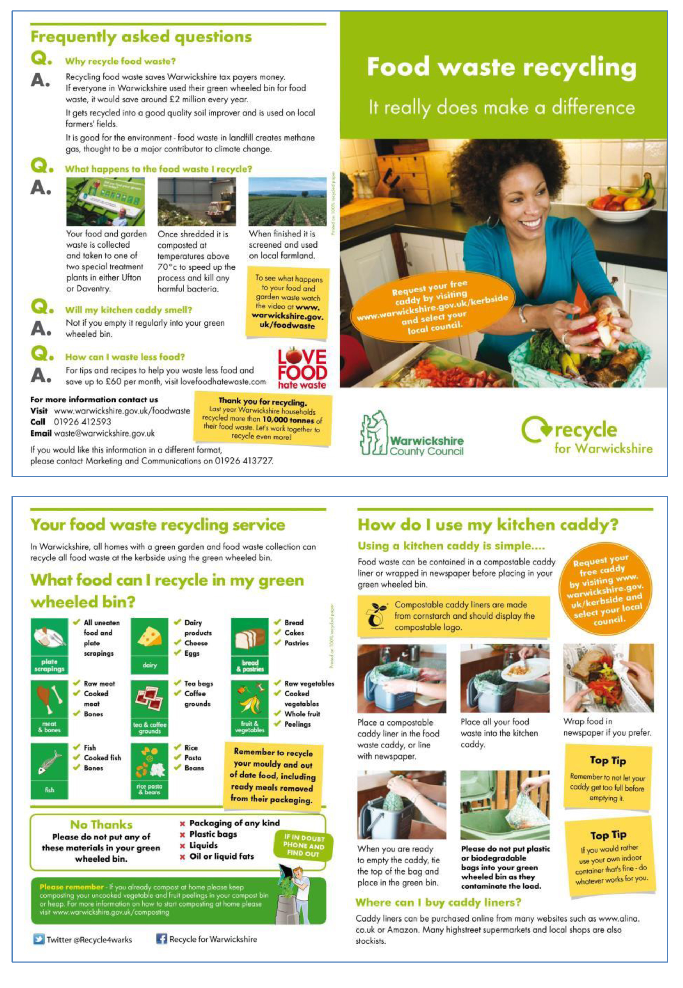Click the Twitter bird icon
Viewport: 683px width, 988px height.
point(39,939)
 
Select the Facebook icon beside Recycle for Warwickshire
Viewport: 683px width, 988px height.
point(161,939)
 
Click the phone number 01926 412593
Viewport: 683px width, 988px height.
point(82,422)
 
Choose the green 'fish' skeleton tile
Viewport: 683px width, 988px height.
point(49,770)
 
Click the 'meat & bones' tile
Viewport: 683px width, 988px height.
point(49,708)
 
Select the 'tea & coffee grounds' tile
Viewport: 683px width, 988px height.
point(149,708)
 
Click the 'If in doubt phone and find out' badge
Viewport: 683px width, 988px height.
point(303,845)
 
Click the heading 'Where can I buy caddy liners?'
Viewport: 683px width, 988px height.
point(438,902)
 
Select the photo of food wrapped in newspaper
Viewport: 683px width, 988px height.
point(608,678)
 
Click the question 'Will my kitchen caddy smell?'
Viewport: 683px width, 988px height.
point(128,310)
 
